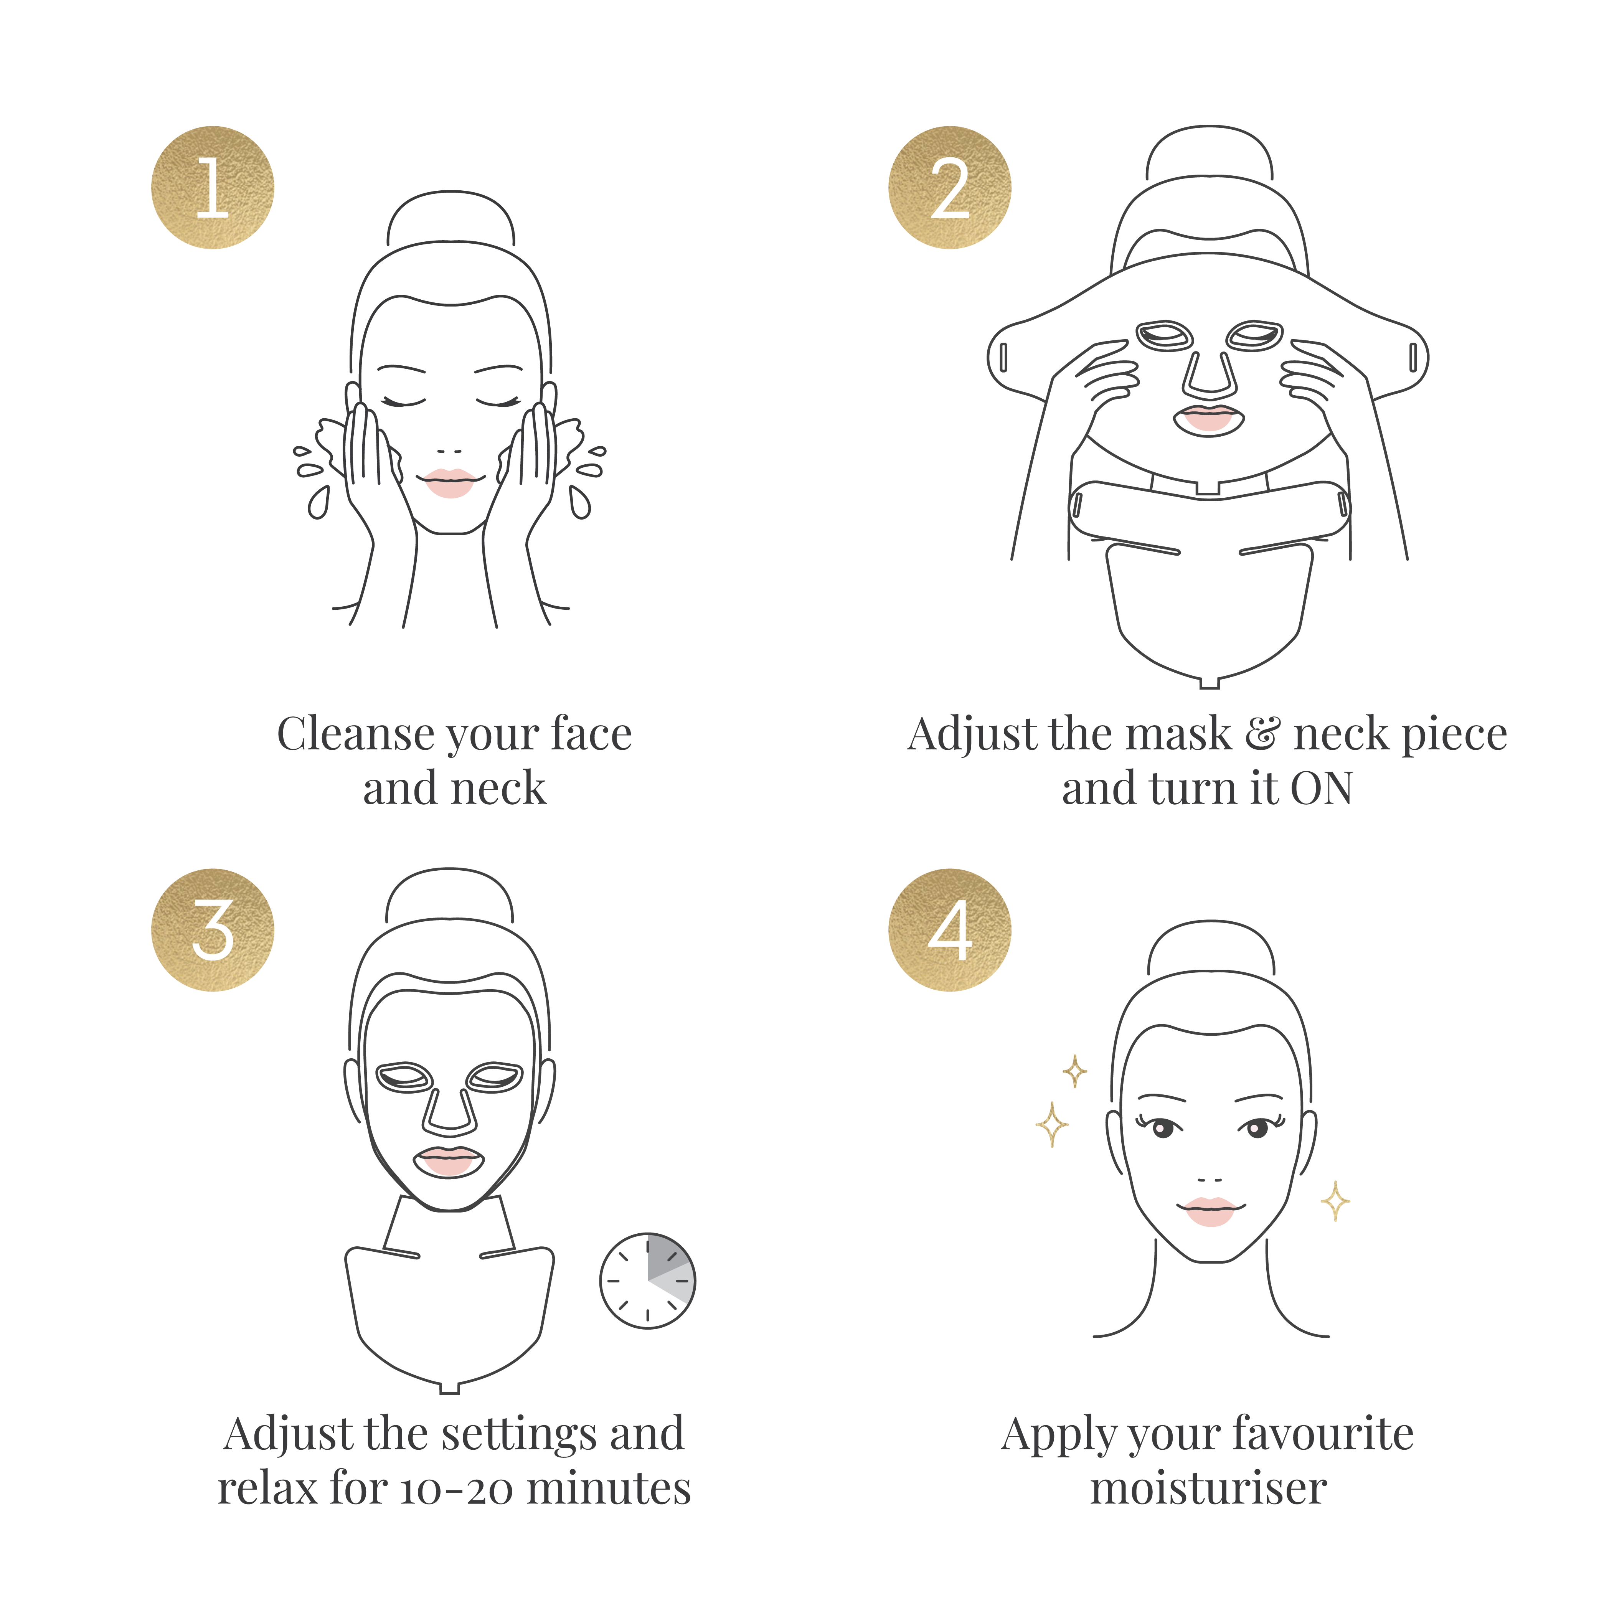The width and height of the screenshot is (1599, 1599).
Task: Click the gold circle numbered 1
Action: (213, 187)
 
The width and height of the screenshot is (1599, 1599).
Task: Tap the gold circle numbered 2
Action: (950, 187)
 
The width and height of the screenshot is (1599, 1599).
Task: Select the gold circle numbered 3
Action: (213, 929)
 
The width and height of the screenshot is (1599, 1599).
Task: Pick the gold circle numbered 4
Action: (950, 929)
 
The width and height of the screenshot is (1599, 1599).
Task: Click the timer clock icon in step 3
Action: (647, 1281)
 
